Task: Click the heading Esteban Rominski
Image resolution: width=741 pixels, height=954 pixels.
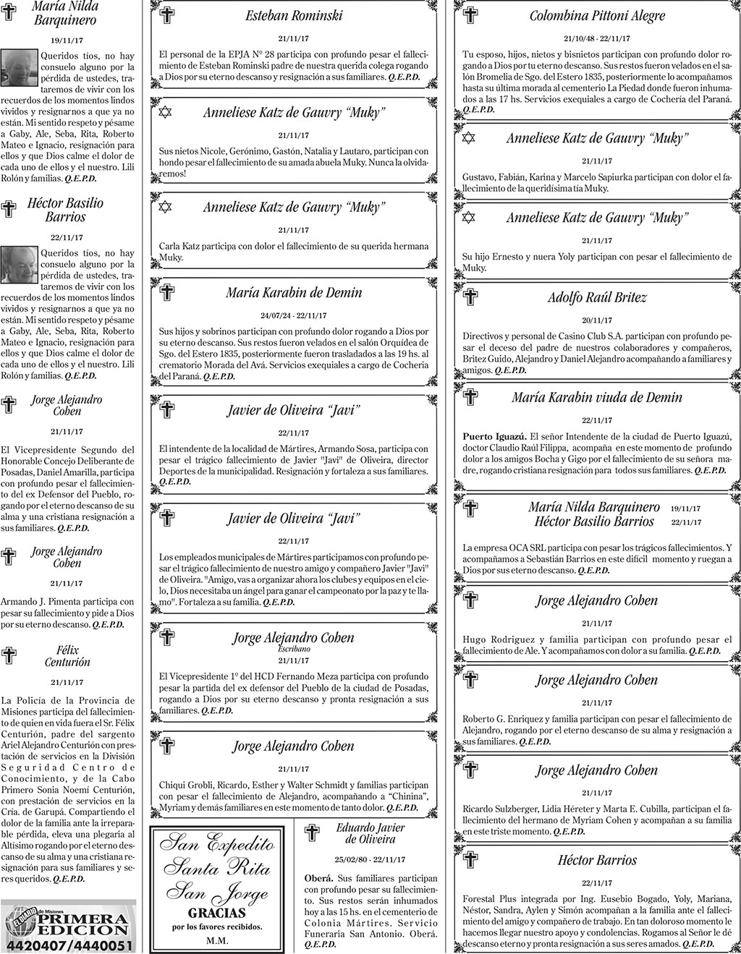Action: [294, 15]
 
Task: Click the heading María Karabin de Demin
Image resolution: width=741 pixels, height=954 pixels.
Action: [294, 293]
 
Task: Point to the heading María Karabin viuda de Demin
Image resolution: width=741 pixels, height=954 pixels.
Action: [597, 397]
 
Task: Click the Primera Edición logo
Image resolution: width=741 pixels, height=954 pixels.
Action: [69, 919]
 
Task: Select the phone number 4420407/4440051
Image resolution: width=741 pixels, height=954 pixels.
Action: [69, 946]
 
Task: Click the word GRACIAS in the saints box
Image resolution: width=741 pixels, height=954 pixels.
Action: [217, 912]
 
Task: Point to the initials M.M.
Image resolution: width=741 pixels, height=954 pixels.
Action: [217, 941]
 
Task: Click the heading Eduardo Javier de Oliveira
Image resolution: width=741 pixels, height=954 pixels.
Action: [370, 833]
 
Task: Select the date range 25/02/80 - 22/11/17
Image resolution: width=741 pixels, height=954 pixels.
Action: [370, 860]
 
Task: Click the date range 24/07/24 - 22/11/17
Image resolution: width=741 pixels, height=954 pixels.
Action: [294, 315]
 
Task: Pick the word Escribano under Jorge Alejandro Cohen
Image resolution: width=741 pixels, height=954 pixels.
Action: [294, 650]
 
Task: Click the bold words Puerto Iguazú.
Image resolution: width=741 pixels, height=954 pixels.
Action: [494, 436]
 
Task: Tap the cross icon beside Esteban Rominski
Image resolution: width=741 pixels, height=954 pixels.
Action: [166, 16]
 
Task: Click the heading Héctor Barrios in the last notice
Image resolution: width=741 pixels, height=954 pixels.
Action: [597, 860]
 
